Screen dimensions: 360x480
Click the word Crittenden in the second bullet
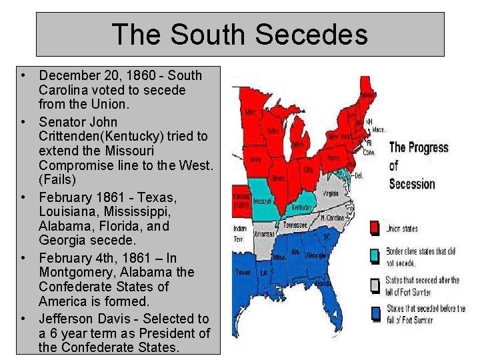pos(73,136)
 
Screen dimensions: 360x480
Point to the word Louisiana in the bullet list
pos(67,211)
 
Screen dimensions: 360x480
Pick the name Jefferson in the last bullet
pos(67,319)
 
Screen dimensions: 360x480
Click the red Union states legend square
pos(375,228)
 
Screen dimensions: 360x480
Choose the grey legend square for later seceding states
pos(375,285)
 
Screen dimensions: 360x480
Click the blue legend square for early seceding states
pos(375,312)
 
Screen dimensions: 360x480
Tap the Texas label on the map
pos(243,272)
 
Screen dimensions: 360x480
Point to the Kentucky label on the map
pos(303,208)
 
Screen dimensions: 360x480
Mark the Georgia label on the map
pos(317,255)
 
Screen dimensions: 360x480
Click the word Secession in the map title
pos(411,183)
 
